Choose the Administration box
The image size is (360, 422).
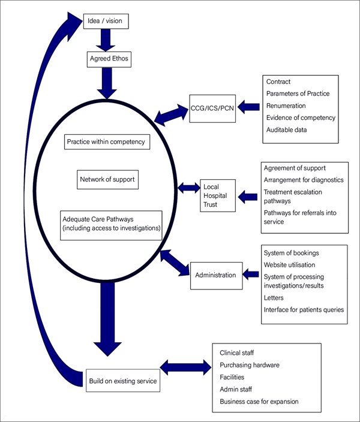216,275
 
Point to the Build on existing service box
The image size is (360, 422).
122,380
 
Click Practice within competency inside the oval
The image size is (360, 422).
106,143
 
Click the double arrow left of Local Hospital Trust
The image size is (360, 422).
188,188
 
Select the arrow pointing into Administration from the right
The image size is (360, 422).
251,275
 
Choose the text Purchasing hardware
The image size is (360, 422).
250,364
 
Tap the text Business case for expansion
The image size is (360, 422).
259,401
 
